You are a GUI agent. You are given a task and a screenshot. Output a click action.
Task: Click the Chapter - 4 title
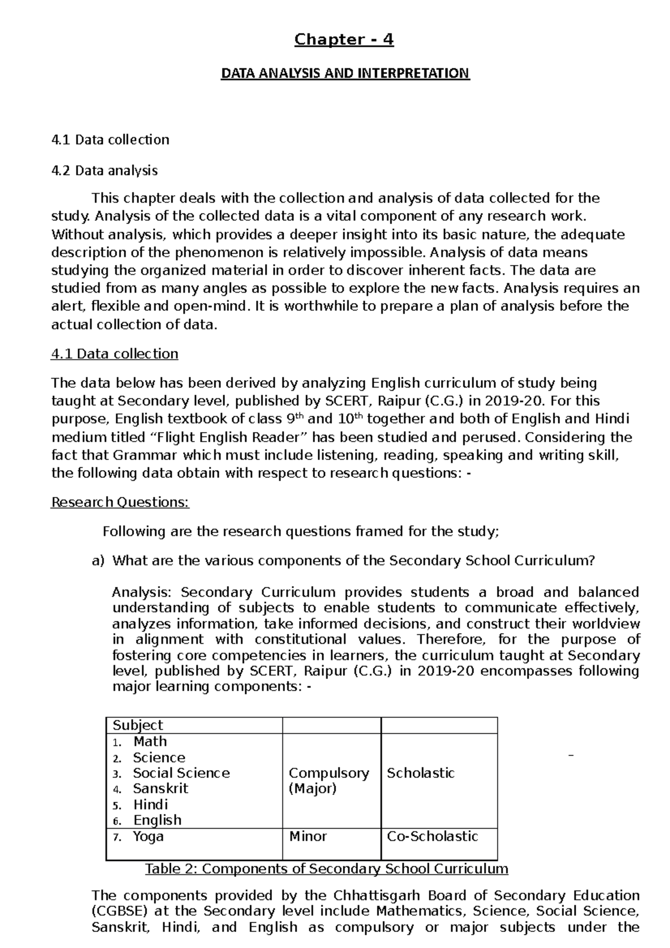click(344, 40)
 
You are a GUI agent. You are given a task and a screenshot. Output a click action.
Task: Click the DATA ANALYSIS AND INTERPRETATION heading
click(346, 74)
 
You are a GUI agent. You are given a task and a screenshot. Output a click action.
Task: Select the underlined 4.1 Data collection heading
click(114, 354)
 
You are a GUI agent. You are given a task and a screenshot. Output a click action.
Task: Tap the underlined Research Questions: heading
click(120, 502)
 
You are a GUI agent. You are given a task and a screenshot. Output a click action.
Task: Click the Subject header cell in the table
click(138, 725)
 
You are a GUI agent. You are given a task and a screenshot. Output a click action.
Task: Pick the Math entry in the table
click(150, 741)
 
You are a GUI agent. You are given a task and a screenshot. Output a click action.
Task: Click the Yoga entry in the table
click(148, 836)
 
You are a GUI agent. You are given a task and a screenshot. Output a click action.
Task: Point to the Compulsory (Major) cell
click(328, 781)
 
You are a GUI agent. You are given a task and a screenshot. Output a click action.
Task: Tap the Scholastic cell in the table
click(420, 773)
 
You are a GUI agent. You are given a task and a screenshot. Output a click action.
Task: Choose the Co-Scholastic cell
click(432, 836)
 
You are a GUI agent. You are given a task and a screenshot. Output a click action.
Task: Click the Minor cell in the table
click(308, 836)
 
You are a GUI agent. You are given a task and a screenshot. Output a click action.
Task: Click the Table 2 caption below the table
click(327, 869)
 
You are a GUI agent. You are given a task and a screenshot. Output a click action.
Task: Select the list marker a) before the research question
click(98, 561)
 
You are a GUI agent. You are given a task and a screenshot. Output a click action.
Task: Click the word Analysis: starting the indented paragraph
click(143, 592)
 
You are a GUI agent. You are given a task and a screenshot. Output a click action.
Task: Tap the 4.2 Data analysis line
click(104, 170)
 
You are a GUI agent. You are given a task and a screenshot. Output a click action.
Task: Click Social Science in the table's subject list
click(181, 773)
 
